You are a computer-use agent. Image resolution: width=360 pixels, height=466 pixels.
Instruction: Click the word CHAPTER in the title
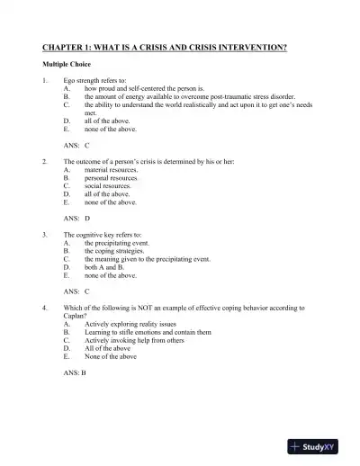[64, 47]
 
